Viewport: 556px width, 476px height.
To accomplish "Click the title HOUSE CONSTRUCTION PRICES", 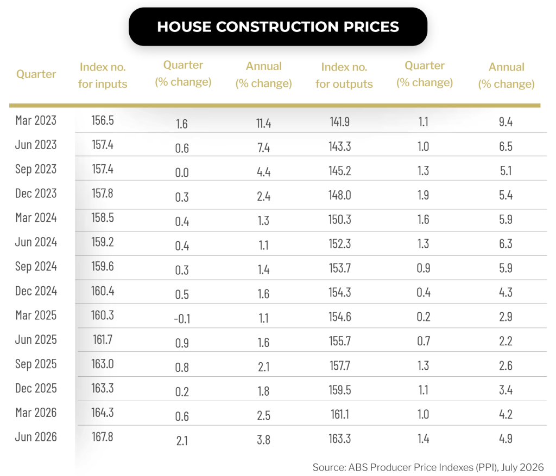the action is (x=278, y=27).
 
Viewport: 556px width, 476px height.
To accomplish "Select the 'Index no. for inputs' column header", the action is (x=103, y=75).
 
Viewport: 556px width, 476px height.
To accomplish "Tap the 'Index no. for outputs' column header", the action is (x=344, y=75).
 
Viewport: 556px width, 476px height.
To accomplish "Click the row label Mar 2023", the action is (x=36, y=120).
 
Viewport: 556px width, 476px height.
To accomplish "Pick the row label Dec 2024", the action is (x=36, y=291).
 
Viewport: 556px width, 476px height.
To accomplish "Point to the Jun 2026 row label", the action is (x=36, y=437).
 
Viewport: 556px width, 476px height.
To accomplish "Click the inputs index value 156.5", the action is (x=103, y=120).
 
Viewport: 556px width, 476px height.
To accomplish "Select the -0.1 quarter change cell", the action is (x=182, y=319).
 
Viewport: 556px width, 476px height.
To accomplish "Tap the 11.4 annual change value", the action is (x=263, y=123).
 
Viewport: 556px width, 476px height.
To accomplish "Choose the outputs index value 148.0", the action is (x=340, y=195).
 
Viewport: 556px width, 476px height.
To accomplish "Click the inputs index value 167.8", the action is (x=103, y=437).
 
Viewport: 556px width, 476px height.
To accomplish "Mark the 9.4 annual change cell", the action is (x=506, y=122).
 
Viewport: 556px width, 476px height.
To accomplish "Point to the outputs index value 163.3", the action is (x=340, y=439).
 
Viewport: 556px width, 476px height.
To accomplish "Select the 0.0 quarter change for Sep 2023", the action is (x=182, y=172).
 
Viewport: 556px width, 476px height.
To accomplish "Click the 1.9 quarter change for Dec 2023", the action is (x=424, y=195).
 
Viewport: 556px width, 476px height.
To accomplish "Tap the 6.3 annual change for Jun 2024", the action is (x=506, y=243).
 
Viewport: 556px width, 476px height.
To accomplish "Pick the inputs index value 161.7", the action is (x=103, y=339).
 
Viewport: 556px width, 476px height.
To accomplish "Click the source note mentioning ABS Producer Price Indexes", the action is (x=428, y=467).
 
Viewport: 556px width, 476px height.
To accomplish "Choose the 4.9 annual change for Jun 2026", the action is (x=506, y=439).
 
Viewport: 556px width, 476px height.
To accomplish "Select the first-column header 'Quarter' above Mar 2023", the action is (x=36, y=74).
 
